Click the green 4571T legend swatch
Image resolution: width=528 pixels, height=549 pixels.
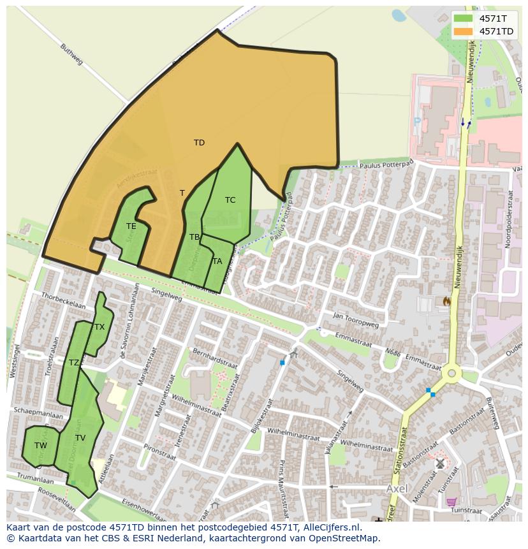coord(464,18)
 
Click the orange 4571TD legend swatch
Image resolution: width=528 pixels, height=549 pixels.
coord(464,31)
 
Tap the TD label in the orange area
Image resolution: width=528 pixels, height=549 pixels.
coord(199,143)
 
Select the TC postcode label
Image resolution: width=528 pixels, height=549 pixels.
coord(230,200)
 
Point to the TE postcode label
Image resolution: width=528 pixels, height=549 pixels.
coord(131,226)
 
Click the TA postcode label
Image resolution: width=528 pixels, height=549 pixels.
coord(217,261)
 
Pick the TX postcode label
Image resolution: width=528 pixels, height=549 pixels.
coord(99,327)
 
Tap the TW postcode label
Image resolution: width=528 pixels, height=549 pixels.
coord(41,446)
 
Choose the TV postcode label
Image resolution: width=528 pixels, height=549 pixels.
coord(80,438)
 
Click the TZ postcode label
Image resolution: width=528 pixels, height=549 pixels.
coord(74,363)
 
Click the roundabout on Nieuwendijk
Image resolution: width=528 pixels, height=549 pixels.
coord(452,373)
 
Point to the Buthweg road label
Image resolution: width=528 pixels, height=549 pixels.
coord(71,54)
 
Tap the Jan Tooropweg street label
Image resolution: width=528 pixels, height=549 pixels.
coord(355,320)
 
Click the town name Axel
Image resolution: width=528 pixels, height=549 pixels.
coord(397,488)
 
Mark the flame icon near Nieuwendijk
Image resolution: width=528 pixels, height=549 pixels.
coord(446,300)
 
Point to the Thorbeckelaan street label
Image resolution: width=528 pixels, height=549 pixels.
coord(63,301)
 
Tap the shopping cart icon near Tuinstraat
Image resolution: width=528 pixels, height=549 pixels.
coord(451,503)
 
